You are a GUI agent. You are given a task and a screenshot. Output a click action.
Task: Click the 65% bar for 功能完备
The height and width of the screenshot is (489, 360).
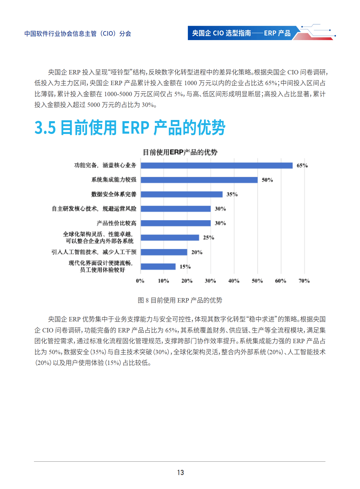click(x=217, y=166)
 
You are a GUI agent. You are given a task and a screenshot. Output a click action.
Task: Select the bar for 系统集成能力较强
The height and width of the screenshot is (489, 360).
click(x=199, y=180)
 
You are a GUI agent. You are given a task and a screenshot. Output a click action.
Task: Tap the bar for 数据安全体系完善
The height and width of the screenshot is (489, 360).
click(x=182, y=194)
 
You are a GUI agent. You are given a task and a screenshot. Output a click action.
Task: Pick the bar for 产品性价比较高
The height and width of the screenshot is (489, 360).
click(x=176, y=223)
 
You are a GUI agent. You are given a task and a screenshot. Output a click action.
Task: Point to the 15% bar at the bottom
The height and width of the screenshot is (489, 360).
click(x=158, y=266)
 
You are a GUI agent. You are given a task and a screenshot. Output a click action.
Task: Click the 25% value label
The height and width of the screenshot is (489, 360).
click(x=208, y=238)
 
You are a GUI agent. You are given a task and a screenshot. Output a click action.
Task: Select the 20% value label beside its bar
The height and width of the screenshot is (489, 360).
click(x=197, y=252)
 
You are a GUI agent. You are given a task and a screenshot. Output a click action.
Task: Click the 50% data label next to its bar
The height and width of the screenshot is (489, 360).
click(x=267, y=180)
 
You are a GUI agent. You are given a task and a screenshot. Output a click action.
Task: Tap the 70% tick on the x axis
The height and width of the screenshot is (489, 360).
click(x=304, y=281)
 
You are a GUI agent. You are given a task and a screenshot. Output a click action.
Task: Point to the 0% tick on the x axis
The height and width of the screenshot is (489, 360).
click(x=140, y=281)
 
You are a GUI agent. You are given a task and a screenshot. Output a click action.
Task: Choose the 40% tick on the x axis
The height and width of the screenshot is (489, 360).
click(x=234, y=281)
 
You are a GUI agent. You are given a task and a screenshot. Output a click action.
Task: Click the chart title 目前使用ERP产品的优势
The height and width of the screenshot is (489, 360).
click(x=180, y=152)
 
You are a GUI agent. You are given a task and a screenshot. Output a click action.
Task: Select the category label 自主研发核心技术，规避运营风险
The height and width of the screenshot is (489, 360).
click(x=94, y=209)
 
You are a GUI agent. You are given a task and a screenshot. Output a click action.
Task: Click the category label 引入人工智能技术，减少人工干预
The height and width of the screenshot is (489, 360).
click(x=94, y=252)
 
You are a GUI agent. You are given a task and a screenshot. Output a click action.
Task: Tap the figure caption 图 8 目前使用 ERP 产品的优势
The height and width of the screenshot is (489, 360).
click(x=180, y=300)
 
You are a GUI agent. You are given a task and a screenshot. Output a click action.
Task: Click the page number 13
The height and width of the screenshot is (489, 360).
click(x=180, y=472)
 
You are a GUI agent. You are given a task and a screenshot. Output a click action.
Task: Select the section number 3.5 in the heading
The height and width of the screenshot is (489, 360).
click(x=45, y=128)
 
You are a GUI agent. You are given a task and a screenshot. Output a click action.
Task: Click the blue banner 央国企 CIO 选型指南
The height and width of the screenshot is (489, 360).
click(x=241, y=33)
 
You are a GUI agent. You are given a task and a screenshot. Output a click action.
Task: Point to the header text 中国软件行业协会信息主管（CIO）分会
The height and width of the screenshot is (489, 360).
click(x=78, y=34)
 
